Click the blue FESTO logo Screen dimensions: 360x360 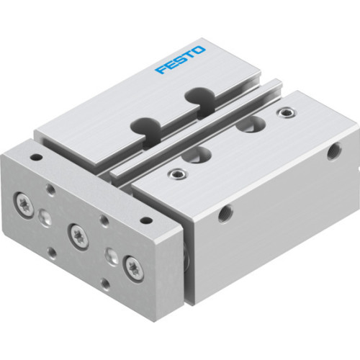click(181, 60)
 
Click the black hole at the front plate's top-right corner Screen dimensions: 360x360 click(146, 220)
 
